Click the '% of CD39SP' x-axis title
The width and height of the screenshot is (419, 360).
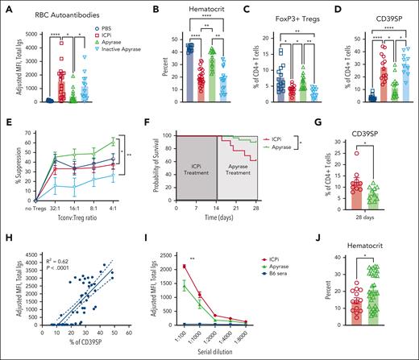click(78, 349)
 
